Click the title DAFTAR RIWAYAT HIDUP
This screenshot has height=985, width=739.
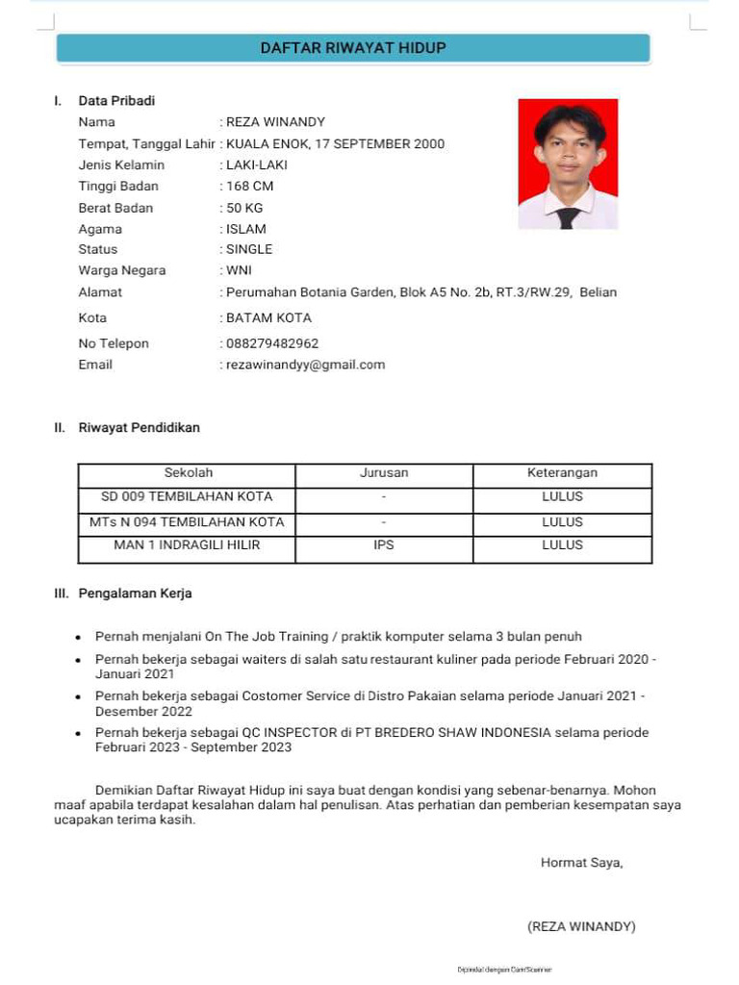click(353, 47)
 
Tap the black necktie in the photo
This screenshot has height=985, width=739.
click(568, 216)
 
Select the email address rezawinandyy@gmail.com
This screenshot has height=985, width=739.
click(305, 365)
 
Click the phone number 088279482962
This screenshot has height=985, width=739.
click(272, 343)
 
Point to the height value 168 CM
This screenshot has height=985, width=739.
click(249, 186)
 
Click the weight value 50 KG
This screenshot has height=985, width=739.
click(244, 208)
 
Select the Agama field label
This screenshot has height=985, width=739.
click(100, 229)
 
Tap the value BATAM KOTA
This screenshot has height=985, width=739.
click(268, 317)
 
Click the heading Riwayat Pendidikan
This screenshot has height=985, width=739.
click(139, 427)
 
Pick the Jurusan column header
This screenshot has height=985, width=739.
click(384, 472)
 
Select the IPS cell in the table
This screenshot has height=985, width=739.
click(384, 544)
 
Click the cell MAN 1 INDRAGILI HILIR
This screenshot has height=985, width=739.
click(187, 544)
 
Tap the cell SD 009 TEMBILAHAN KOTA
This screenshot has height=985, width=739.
click(187, 496)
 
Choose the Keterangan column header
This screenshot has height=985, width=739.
click(562, 472)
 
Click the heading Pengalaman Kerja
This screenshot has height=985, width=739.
click(135, 594)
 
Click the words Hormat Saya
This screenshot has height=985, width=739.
click(581, 863)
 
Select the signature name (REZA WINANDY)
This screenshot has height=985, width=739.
click(581, 926)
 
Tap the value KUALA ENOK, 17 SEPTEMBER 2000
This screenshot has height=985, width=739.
click(335, 144)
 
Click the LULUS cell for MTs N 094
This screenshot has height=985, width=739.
click(562, 522)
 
